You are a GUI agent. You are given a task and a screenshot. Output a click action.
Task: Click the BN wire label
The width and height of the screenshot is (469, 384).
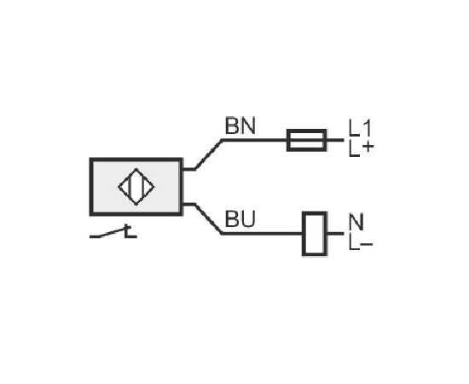pyautogui.click(x=240, y=125)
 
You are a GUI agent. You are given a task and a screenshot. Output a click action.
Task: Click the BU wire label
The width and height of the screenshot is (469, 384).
pyautogui.click(x=240, y=218)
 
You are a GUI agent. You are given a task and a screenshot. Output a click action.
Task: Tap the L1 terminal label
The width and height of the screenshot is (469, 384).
pyautogui.click(x=360, y=128)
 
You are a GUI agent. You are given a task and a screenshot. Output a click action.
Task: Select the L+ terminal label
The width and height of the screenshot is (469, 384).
pyautogui.click(x=361, y=148)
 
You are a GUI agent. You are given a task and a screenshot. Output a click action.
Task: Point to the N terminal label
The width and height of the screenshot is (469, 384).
pyautogui.click(x=356, y=222)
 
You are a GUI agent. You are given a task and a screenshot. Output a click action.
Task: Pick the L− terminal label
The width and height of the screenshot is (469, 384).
pyautogui.click(x=361, y=244)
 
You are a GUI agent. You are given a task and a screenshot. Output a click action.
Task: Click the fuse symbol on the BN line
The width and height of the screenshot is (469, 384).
pyautogui.click(x=306, y=140)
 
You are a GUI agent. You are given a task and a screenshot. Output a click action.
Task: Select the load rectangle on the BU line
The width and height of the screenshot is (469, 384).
pyautogui.click(x=315, y=234)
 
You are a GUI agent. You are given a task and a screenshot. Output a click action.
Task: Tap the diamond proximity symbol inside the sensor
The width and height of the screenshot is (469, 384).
pyautogui.click(x=136, y=187)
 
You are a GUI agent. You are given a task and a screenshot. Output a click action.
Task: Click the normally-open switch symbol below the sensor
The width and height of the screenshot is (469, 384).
pyautogui.click(x=113, y=233)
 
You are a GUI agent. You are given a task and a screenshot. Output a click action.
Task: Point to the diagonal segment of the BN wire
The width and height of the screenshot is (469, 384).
pyautogui.click(x=208, y=154)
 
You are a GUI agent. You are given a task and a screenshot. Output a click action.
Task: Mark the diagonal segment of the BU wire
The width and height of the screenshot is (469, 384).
pyautogui.click(x=208, y=218)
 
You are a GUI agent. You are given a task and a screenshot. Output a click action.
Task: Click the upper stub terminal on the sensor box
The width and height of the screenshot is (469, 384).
pyautogui.click(x=188, y=169)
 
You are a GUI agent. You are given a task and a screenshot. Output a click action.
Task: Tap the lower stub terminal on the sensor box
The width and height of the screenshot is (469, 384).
pyautogui.click(x=188, y=205)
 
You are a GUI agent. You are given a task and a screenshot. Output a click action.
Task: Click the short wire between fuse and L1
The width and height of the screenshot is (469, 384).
pyautogui.click(x=335, y=140)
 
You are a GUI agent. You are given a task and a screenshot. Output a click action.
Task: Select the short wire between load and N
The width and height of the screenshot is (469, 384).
pyautogui.click(x=335, y=234)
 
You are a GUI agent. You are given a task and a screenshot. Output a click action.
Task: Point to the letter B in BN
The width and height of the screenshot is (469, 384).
pyautogui.click(x=232, y=125)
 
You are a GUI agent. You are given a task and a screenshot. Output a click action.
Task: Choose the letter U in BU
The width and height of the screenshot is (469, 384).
pyautogui.click(x=248, y=218)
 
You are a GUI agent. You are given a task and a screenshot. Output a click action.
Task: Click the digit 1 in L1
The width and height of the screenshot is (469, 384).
pyautogui.click(x=367, y=128)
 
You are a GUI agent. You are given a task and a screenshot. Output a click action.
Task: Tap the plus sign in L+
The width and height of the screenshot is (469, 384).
pyautogui.click(x=368, y=147)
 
